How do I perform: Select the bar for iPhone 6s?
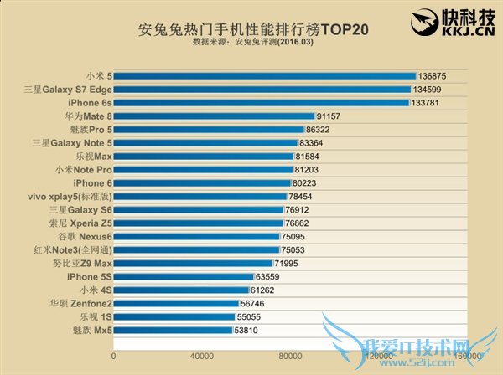pyautogui.click(x=262, y=103)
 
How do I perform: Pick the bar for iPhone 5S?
pyautogui.click(x=184, y=276)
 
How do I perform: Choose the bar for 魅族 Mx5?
pyautogui.click(x=173, y=330)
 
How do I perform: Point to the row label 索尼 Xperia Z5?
pyautogui.click(x=79, y=223)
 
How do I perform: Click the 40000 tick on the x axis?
pyautogui.click(x=202, y=356)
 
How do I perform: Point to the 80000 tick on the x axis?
pyautogui.click(x=290, y=356)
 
